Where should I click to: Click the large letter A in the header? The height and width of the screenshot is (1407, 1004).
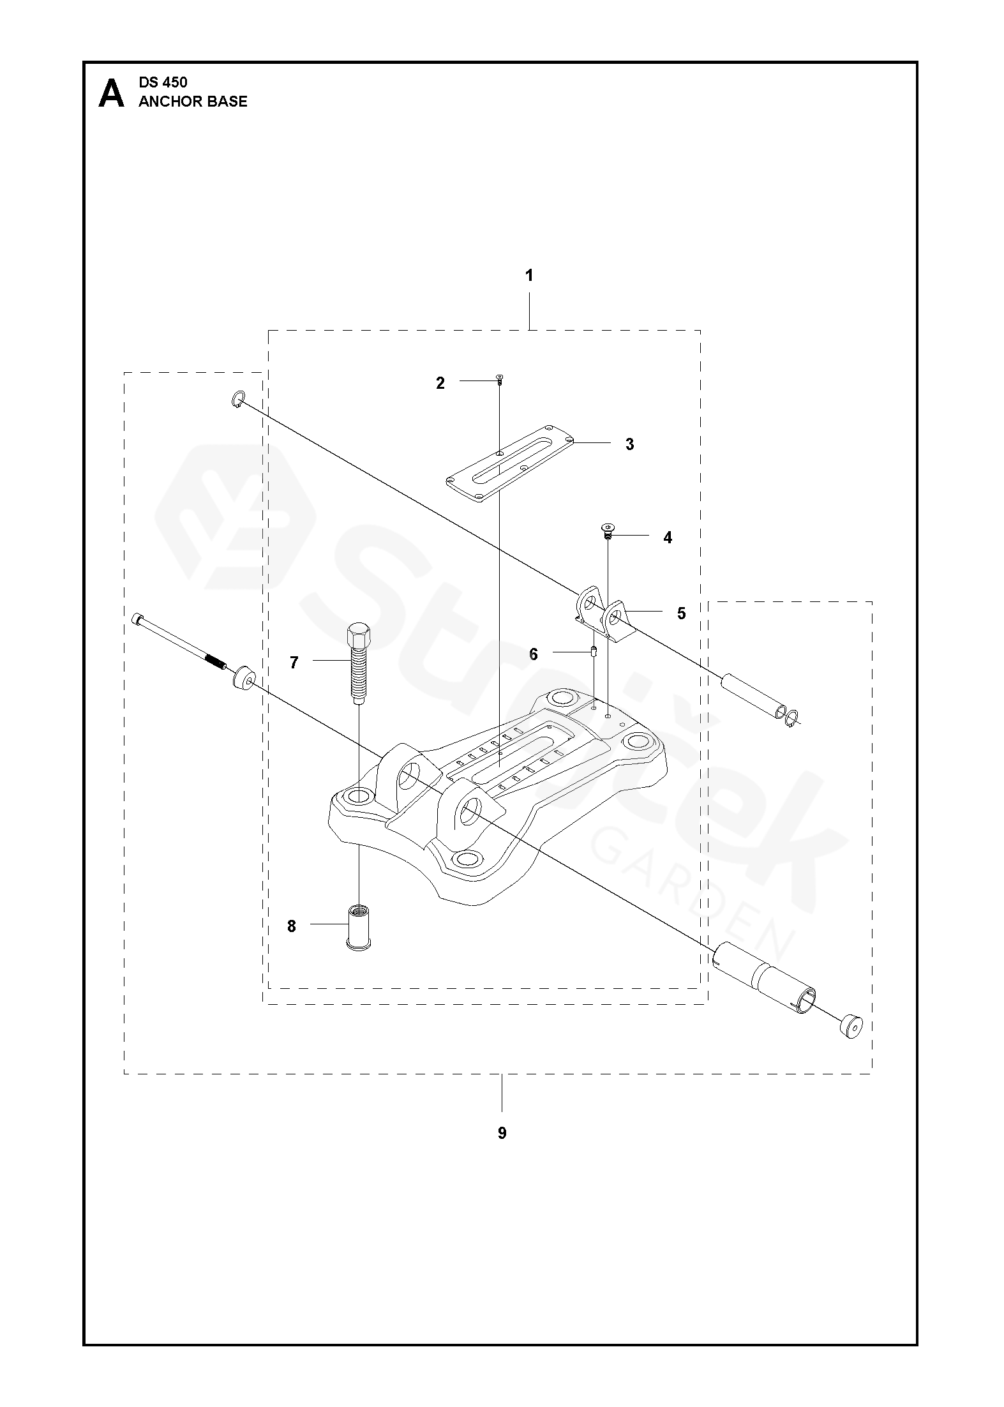click(x=111, y=93)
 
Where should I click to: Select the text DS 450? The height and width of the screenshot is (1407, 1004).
click(x=163, y=82)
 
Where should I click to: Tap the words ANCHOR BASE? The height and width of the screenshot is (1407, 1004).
click(x=193, y=102)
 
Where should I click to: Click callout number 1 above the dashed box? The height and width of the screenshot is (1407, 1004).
click(x=528, y=276)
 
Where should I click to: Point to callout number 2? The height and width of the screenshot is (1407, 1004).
click(x=440, y=383)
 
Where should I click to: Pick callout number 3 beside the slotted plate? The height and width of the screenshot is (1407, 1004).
click(x=629, y=444)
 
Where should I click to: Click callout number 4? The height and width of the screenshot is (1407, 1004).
click(x=668, y=538)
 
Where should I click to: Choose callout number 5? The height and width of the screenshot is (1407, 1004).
click(x=682, y=613)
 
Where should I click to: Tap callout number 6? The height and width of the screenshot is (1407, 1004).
click(x=534, y=654)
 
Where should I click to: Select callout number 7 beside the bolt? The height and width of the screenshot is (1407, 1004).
click(x=294, y=663)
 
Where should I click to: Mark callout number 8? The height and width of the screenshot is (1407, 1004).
click(x=292, y=926)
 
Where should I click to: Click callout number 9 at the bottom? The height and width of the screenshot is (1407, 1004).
click(x=502, y=1133)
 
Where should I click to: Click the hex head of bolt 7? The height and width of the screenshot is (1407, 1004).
click(x=356, y=635)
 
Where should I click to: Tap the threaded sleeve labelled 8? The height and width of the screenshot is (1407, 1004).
click(x=359, y=926)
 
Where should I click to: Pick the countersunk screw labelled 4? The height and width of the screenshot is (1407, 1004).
click(x=608, y=530)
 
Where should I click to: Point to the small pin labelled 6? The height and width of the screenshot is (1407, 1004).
click(x=594, y=652)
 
